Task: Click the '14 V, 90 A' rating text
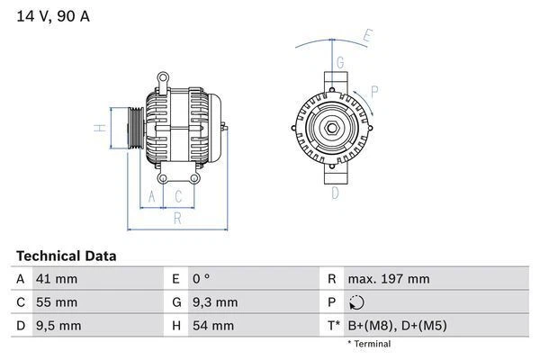pyautogui.click(x=52, y=17)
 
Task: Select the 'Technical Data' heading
pyautogui.click(x=66, y=256)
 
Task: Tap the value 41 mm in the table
pyautogui.click(x=56, y=279)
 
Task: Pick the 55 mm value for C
pyautogui.click(x=56, y=302)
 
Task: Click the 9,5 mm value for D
pyautogui.click(x=58, y=325)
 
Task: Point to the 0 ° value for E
pyautogui.click(x=202, y=279)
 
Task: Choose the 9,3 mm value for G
pyautogui.click(x=215, y=302)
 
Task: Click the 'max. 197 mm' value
pyautogui.click(x=388, y=279)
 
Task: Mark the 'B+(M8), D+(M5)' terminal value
pyautogui.click(x=397, y=325)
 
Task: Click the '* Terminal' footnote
pyautogui.click(x=369, y=344)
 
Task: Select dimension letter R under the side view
pyautogui.click(x=177, y=217)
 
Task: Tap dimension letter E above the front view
pyautogui.click(x=366, y=37)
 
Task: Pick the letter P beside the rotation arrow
pyautogui.click(x=374, y=90)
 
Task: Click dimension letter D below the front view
pyautogui.click(x=335, y=193)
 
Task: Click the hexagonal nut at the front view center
pyautogui.click(x=331, y=126)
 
